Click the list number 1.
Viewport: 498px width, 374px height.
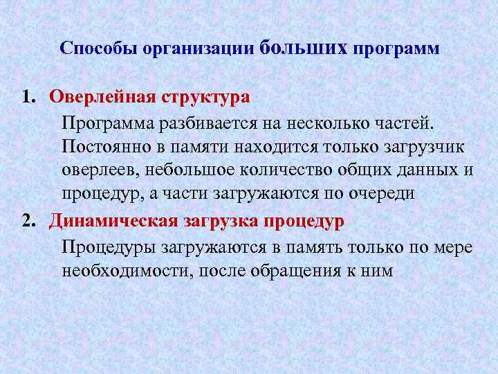point(28,97)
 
